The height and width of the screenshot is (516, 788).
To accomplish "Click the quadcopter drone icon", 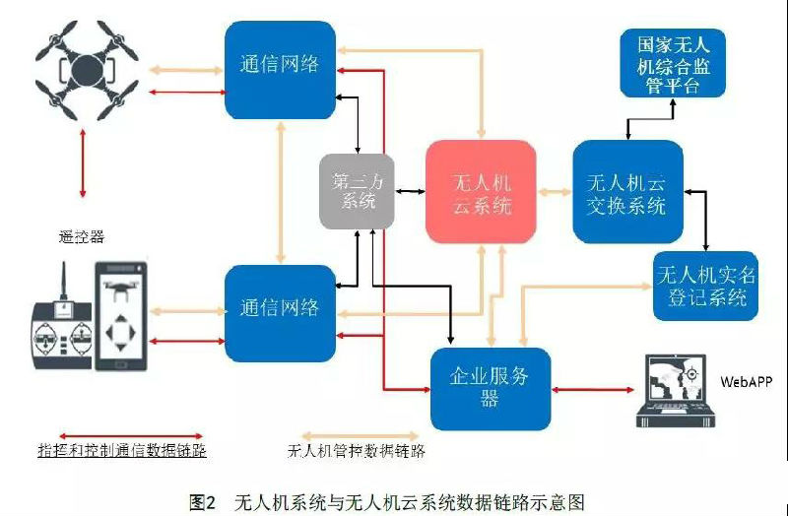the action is click(x=87, y=70).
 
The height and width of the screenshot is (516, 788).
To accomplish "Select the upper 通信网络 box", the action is click(x=280, y=70).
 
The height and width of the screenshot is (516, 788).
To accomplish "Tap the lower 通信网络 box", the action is click(x=280, y=313).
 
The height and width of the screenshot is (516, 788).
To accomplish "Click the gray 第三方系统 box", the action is click(x=357, y=191).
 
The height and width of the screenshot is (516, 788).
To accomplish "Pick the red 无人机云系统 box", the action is click(x=481, y=192).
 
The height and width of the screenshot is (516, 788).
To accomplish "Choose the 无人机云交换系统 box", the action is click(x=627, y=191).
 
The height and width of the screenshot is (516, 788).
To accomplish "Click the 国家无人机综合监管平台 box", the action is click(x=673, y=63).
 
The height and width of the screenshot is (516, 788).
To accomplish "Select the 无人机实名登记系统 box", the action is click(x=705, y=286).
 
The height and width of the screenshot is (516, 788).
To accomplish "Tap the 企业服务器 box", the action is click(x=491, y=388).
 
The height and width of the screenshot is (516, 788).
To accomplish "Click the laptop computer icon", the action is click(x=676, y=391).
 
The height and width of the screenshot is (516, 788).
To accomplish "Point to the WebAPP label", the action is click(x=746, y=382).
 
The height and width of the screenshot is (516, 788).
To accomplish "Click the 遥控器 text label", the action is click(x=82, y=236).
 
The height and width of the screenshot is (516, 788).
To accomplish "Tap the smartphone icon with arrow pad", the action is click(x=121, y=316).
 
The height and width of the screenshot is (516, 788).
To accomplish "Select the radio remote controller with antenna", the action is click(x=63, y=327).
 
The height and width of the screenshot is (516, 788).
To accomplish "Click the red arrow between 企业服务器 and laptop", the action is click(x=593, y=389).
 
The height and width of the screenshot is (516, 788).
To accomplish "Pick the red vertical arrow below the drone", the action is click(x=83, y=162).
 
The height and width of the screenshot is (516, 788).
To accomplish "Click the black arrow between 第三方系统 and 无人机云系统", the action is click(x=410, y=191).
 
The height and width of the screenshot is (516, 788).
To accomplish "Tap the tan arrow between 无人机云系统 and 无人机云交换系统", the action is click(x=555, y=191).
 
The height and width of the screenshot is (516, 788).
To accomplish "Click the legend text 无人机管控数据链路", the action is click(x=357, y=451).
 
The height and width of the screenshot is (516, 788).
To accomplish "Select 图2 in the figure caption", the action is click(x=203, y=502).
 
